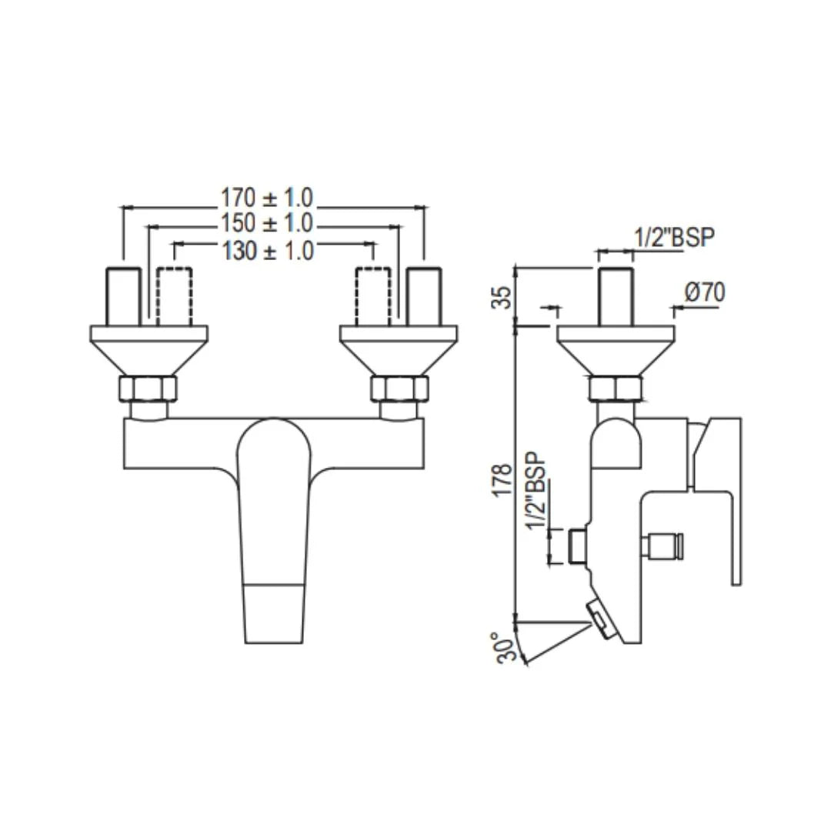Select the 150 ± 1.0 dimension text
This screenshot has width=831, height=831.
coord(268,224)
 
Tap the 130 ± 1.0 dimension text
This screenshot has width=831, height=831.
coord(268,250)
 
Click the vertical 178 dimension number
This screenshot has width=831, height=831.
coord(502,480)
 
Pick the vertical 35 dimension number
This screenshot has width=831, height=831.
coord(502,297)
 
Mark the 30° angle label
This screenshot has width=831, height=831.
coord(504,647)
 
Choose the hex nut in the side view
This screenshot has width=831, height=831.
coord(615,389)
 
